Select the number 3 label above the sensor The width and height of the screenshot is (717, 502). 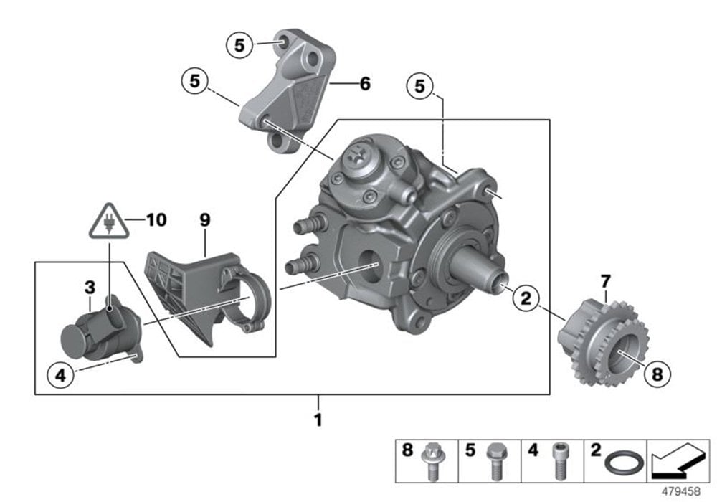(x=90, y=288)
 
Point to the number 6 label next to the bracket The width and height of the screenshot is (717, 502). (x=365, y=85)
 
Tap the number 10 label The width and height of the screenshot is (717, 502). (x=155, y=219)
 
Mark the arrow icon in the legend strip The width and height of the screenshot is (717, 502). (x=677, y=462)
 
